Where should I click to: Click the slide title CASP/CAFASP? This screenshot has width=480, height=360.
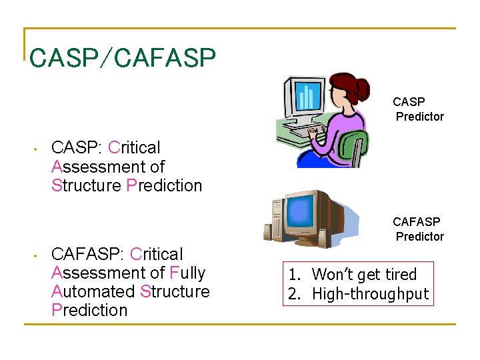(123, 58)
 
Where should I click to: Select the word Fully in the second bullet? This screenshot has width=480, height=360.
(187, 273)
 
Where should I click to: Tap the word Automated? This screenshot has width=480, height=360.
(93, 291)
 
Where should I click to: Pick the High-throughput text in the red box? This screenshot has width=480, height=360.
(371, 293)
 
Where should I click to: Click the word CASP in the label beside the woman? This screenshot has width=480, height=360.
(409, 102)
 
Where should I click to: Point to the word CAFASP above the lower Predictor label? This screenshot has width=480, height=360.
(416, 222)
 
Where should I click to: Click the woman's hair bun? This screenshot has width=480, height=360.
(362, 87)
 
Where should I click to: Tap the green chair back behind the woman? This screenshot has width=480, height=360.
(353, 146)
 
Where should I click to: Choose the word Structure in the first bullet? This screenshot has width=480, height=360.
(86, 185)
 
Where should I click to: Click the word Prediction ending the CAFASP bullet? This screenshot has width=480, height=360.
(89, 310)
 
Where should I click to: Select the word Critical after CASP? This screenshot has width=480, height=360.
(134, 147)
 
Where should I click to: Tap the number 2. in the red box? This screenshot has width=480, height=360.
(294, 293)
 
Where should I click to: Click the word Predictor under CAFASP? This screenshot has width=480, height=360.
(419, 237)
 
